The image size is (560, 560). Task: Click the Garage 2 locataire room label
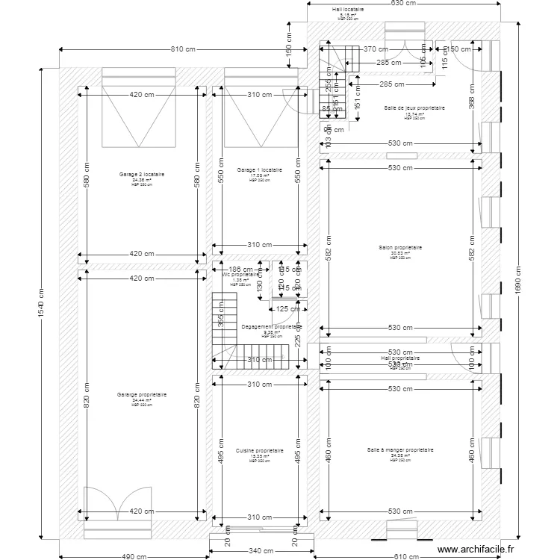pyautogui.click(x=142, y=175)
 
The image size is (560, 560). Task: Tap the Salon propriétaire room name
pyautogui.click(x=401, y=248)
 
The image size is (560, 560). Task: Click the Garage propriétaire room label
pyautogui.click(x=142, y=395)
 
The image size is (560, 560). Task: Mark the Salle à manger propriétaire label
pyautogui.click(x=400, y=450)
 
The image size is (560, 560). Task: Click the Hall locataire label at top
pyautogui.click(x=348, y=10)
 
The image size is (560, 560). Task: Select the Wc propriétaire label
pyautogui.click(x=240, y=275)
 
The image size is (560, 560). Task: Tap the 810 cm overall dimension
pyautogui.click(x=183, y=50)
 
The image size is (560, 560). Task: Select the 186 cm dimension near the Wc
pyautogui.click(x=240, y=269)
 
